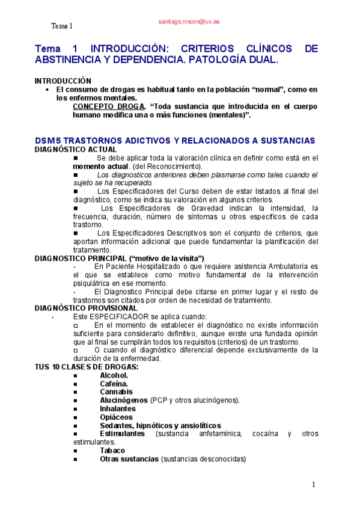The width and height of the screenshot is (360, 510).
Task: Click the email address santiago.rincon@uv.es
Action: tap(189, 21)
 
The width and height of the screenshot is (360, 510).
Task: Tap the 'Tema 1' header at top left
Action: tap(61, 26)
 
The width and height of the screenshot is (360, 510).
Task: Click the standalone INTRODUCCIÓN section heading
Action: tap(63, 81)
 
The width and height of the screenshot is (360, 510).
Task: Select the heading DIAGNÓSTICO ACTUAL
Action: tap(76, 149)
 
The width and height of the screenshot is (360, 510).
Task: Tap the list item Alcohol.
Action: tap(114, 375)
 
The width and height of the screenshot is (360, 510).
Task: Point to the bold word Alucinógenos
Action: tap(124, 400)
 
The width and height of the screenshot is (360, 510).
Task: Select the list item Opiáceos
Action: tap(116, 417)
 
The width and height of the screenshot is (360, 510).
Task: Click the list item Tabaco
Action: tap(112, 450)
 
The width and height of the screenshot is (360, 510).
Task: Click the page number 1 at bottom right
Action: tap(313, 485)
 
